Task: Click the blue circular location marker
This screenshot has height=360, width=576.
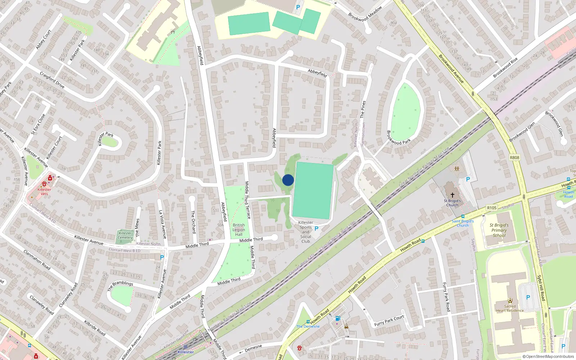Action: [x=288, y=180]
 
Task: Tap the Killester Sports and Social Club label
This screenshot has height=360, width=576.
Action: [x=306, y=232]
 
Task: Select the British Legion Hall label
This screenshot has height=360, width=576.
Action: [x=239, y=230]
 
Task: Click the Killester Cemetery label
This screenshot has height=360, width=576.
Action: [x=125, y=235]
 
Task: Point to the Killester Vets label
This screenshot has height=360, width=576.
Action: [x=44, y=192]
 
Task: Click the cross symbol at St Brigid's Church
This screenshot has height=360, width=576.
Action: [x=453, y=195]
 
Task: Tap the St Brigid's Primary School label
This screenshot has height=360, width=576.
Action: [x=499, y=230]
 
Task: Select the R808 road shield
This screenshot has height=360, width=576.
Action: [x=514, y=158]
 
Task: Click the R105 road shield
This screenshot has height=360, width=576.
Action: [x=492, y=208]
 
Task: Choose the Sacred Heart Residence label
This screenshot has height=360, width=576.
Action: [x=510, y=309]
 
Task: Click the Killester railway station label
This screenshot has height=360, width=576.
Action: [x=185, y=352]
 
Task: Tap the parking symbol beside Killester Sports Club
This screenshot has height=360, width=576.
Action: [x=316, y=228]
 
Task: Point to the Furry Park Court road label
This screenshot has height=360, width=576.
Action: [x=389, y=320]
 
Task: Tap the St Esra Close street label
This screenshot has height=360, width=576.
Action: [x=38, y=124]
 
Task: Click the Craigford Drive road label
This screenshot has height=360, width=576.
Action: [x=52, y=80]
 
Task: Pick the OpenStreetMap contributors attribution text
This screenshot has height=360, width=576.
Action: [x=548, y=357]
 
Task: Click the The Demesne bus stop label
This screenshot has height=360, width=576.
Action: [x=308, y=327]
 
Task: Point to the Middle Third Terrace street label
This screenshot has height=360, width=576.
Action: [x=247, y=200]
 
